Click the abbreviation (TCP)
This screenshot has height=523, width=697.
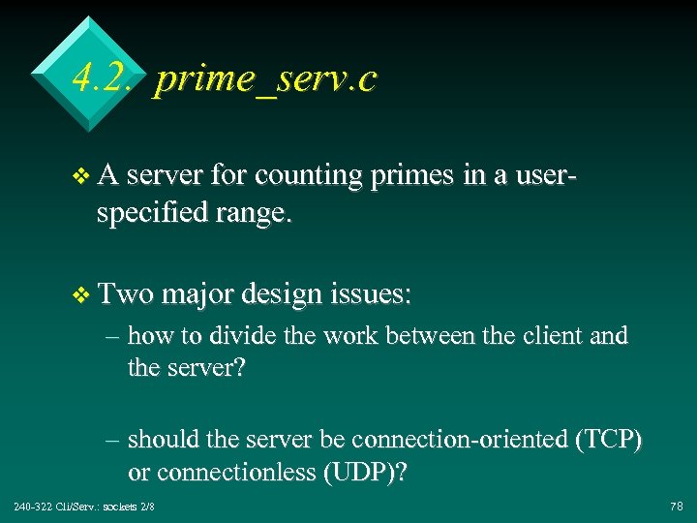(x=608, y=440)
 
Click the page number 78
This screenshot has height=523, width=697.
(x=675, y=507)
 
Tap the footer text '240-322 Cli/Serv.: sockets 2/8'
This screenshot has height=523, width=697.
(x=85, y=507)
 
